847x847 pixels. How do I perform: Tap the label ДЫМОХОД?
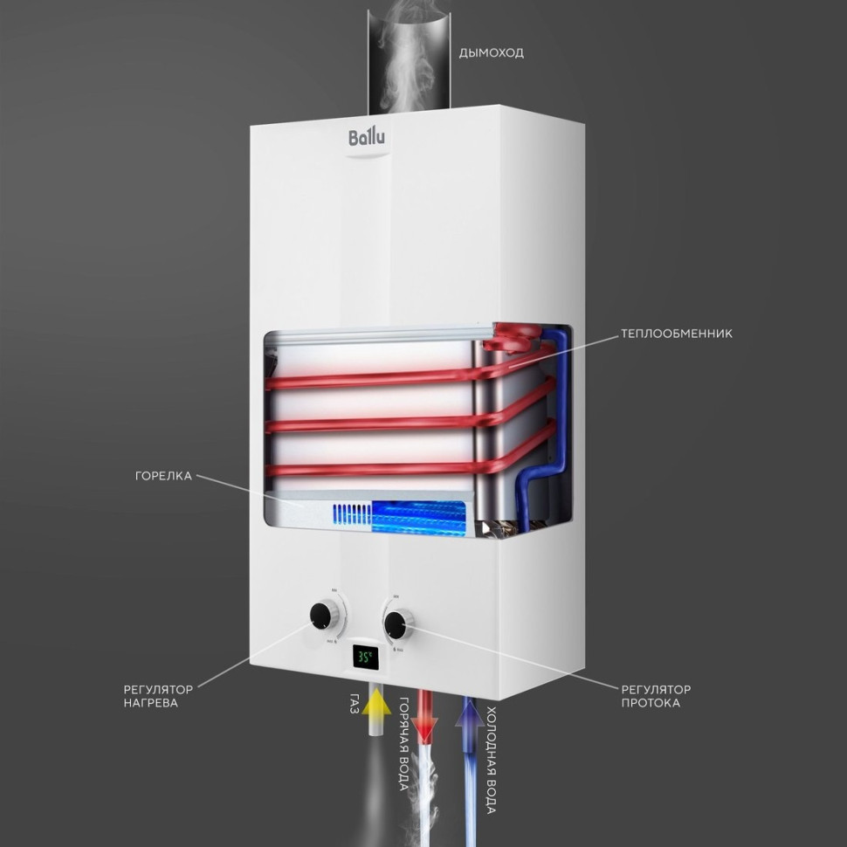tap(491, 53)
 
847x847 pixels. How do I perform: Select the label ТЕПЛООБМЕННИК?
tap(676, 334)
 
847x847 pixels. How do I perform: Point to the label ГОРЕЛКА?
tap(163, 476)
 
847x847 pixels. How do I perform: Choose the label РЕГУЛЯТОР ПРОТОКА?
tap(655, 696)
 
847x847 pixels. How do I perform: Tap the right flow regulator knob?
tap(397, 623)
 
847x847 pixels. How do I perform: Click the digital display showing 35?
tap(364, 657)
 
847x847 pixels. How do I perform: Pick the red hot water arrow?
tap(425, 714)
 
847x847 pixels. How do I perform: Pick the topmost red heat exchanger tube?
tap(375, 379)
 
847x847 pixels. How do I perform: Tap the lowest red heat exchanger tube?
tap(375, 472)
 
